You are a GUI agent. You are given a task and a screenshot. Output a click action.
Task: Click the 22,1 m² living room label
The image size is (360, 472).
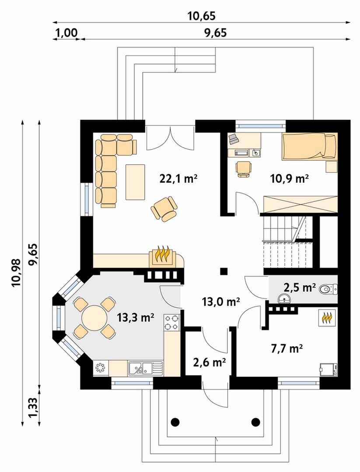178,179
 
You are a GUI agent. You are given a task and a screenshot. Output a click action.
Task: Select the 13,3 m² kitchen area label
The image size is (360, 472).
136,317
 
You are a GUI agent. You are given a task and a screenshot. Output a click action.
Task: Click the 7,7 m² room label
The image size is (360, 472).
287,349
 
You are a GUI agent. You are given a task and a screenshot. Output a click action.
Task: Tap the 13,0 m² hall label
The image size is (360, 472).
221,301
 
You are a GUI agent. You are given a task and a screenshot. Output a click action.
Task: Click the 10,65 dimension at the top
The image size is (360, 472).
202,16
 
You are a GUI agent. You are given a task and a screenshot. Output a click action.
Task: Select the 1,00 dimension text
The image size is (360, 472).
66,32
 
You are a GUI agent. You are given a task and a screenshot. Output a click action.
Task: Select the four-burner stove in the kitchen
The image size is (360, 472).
172,322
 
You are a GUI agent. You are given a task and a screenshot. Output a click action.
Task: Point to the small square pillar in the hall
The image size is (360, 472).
224,271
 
